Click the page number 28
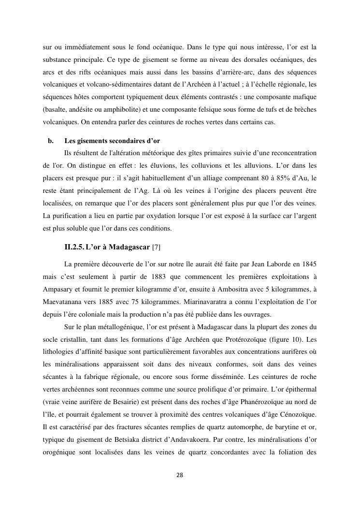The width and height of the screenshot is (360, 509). pyautogui.click(x=180, y=475)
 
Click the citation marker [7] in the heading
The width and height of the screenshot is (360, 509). pyautogui.click(x=156, y=247)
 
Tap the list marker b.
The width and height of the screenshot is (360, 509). pyautogui.click(x=50, y=141)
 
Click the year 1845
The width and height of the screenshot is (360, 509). pyautogui.click(x=308, y=264)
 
